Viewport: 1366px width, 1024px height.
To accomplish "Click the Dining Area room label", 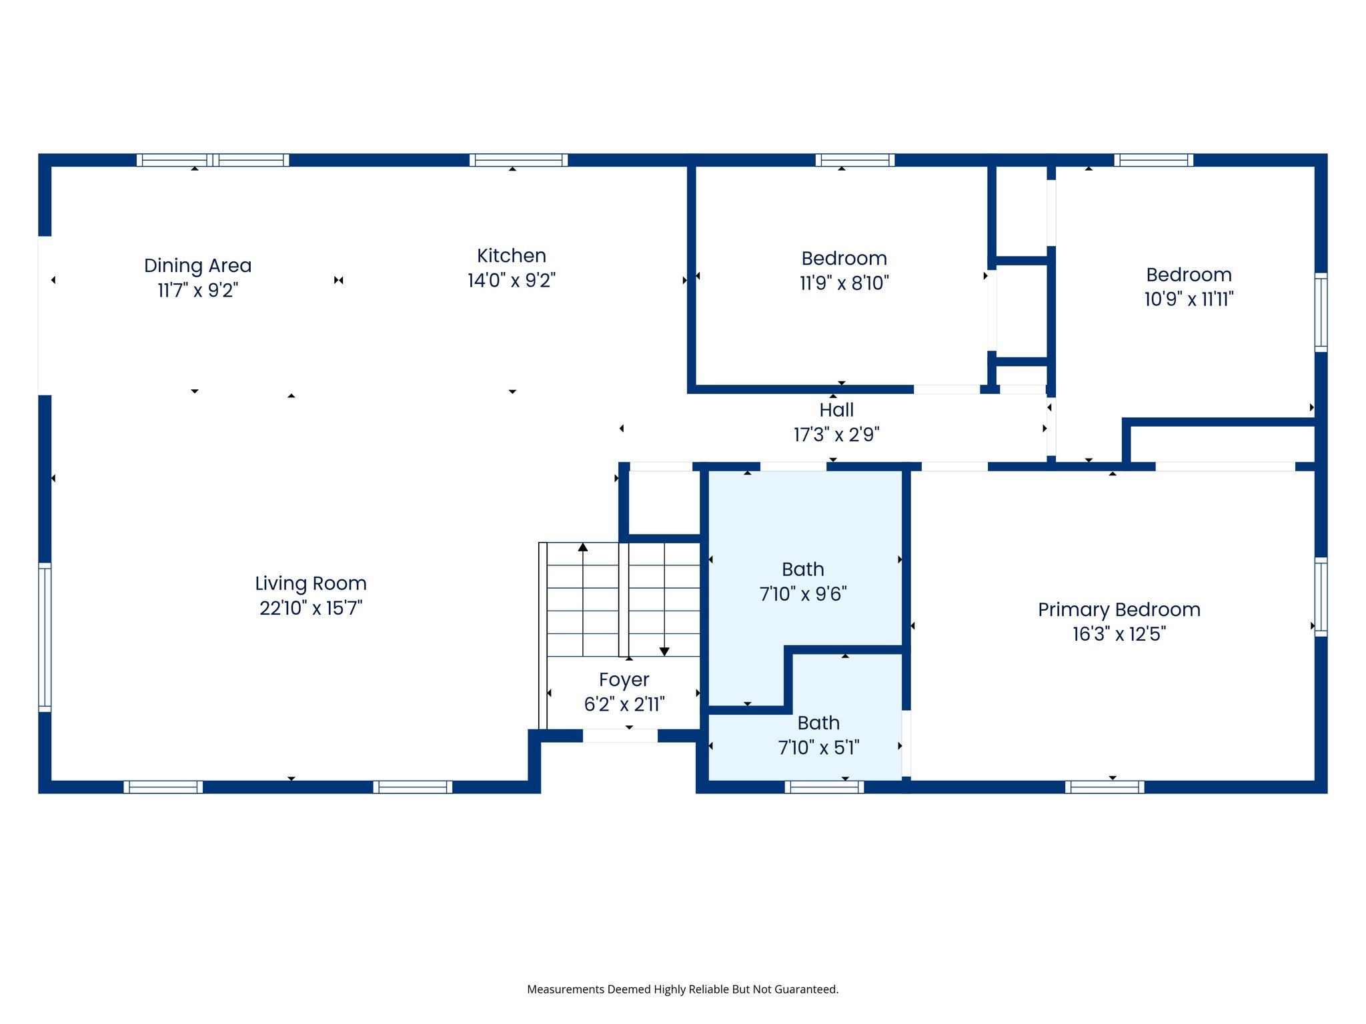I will point(197,265).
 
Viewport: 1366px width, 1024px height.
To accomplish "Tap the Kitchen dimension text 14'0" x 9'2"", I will point(511,281).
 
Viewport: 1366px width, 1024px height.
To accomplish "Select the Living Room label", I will point(311,583).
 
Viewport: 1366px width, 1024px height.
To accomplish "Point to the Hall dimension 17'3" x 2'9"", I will point(836,435).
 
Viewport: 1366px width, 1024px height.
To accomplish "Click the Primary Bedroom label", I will point(1119,609).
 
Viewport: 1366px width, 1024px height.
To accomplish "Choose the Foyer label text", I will point(624,680).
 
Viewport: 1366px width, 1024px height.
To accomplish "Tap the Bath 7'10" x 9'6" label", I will point(803,581).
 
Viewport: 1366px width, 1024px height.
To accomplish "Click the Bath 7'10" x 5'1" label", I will point(818,735).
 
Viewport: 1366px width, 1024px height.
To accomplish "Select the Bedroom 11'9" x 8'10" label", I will point(844,270).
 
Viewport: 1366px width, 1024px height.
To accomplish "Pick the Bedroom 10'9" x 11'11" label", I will point(1189,287).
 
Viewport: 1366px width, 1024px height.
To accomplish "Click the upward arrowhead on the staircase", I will point(583,547).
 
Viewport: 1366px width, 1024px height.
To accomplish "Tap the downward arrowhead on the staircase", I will point(664,651).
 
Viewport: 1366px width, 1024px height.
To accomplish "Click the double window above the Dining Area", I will point(213,160).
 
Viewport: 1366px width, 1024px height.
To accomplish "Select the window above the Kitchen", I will point(518,160).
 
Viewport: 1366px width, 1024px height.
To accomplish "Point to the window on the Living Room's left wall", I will point(45,637).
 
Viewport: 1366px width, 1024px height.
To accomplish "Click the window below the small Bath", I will point(824,787).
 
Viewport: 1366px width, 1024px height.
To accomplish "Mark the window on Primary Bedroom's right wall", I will point(1321,597).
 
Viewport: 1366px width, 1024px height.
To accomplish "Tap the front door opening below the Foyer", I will point(620,736).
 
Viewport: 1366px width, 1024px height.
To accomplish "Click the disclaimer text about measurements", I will point(682,989).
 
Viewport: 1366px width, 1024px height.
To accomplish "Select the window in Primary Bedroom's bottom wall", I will point(1105,787).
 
